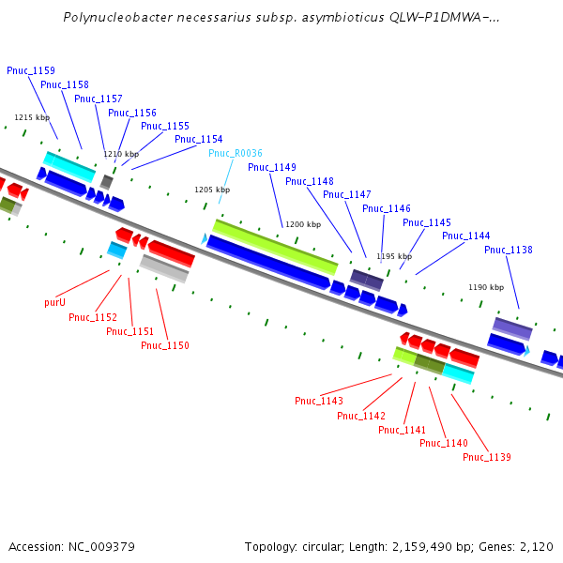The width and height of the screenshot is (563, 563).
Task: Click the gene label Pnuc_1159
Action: pos(31,70)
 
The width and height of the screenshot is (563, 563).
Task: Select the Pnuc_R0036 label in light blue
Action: pos(236,153)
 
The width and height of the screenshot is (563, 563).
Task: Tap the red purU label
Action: pos(55,303)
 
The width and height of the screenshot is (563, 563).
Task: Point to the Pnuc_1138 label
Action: pos(509,250)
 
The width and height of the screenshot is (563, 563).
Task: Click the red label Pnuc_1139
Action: pos(487,457)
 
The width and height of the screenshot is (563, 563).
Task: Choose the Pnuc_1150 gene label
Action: pos(165,345)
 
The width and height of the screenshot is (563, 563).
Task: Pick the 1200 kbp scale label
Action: pos(303,225)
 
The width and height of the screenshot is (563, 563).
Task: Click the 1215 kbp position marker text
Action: pos(32,117)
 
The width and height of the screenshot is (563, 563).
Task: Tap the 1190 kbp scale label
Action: pos(486,287)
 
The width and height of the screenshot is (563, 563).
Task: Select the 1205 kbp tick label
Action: pos(212,190)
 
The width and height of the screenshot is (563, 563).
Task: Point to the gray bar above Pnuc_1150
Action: pos(164,268)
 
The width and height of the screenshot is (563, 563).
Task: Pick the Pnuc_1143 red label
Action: pos(319,401)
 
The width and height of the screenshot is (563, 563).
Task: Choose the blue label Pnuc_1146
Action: pos(387,208)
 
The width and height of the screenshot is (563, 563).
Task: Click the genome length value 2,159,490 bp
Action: pos(442,546)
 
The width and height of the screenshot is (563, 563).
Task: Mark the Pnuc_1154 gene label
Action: pos(199,139)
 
